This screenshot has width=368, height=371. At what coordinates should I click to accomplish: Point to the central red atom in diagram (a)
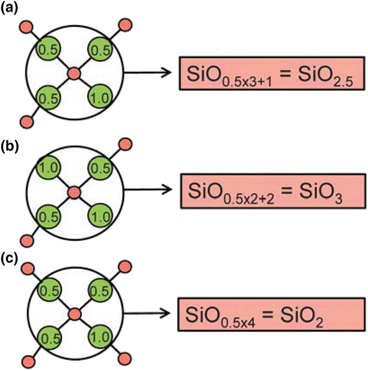[74, 74]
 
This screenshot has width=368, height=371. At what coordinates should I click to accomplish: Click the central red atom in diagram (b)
[74, 193]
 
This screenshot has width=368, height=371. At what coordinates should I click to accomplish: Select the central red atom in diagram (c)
[74, 315]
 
